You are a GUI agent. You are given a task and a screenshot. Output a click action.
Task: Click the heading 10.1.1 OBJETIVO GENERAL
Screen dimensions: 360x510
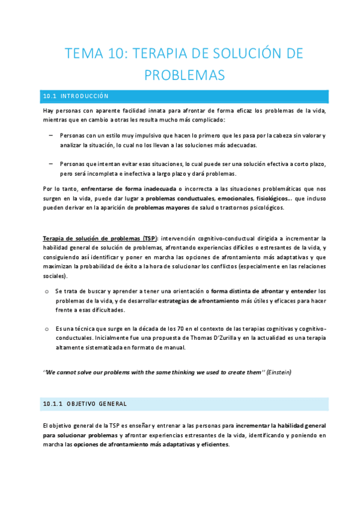84,403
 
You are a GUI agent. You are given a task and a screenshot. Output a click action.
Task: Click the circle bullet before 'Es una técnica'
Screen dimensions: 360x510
47,329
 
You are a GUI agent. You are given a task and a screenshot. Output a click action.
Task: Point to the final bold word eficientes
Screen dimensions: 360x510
210,444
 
